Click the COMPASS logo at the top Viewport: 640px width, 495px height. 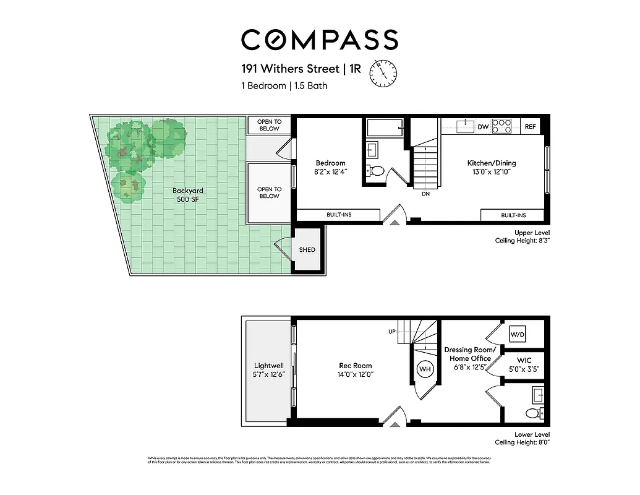tap(319, 40)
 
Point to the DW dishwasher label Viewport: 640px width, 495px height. tap(483, 127)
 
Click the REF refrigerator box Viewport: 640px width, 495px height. tap(531, 127)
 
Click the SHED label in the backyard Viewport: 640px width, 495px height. tap(307, 250)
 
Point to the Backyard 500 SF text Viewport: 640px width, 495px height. tap(188, 195)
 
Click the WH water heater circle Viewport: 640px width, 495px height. tap(426, 369)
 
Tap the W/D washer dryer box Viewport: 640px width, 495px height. tap(517, 335)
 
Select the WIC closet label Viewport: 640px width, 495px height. tap(524, 360)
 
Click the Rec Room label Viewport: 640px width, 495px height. tap(355, 365)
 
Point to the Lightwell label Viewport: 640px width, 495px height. tap(269, 366)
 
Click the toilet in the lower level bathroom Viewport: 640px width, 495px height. tap(532, 413)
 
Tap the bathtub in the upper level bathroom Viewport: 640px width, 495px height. tap(385, 128)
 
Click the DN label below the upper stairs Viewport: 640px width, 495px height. tap(425, 194)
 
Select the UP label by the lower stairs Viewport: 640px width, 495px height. tap(391, 332)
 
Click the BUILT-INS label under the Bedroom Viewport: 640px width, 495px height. tap(339, 215)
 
